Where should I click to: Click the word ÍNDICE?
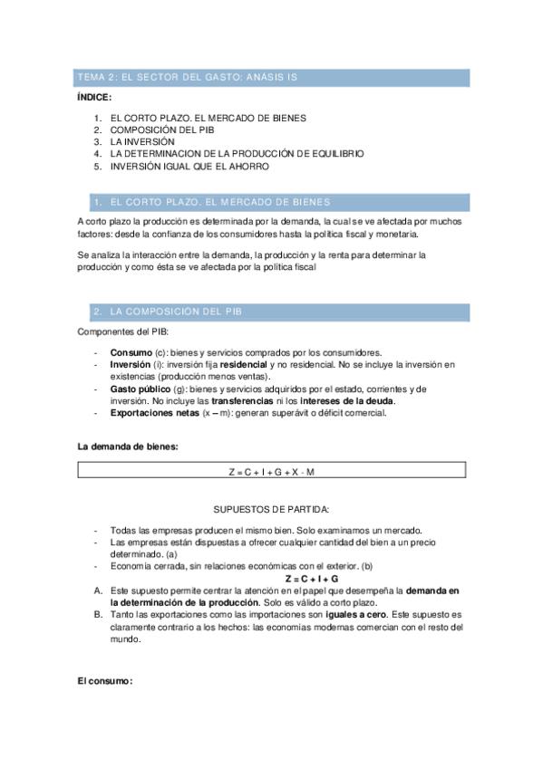pos(95,97)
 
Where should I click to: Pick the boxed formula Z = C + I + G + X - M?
pos(272,470)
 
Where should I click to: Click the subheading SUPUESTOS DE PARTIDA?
pos(271,510)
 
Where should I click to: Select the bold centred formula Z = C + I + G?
pos(311,578)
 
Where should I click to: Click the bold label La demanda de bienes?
pos(128,446)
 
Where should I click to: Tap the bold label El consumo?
pos(105,681)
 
